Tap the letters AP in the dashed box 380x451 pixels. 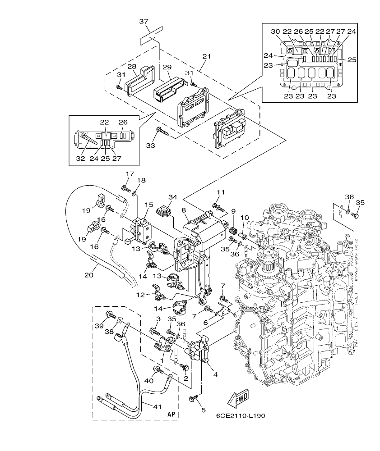click(171, 414)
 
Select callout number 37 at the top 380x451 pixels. click(144, 22)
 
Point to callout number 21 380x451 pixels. click(206, 56)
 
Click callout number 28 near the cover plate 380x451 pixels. click(131, 66)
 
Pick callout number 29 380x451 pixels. click(167, 67)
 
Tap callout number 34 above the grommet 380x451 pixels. click(172, 197)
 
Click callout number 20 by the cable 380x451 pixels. click(88, 273)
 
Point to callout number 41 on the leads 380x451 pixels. click(157, 407)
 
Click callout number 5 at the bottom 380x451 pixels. click(203, 410)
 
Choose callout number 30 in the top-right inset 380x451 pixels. click(275, 31)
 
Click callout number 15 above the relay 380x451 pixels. click(148, 205)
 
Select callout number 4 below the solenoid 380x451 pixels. click(215, 374)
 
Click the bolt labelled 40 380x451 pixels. click(159, 370)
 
